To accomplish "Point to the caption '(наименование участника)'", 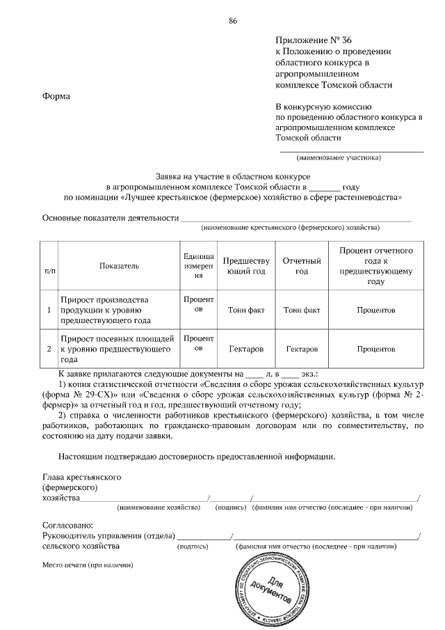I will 339,157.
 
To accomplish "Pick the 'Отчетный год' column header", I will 301,265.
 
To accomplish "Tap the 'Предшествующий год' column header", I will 245,265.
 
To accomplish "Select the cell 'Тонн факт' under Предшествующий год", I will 245,309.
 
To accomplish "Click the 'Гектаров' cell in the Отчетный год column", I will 301,347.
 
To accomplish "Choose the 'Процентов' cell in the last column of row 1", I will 376,309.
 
